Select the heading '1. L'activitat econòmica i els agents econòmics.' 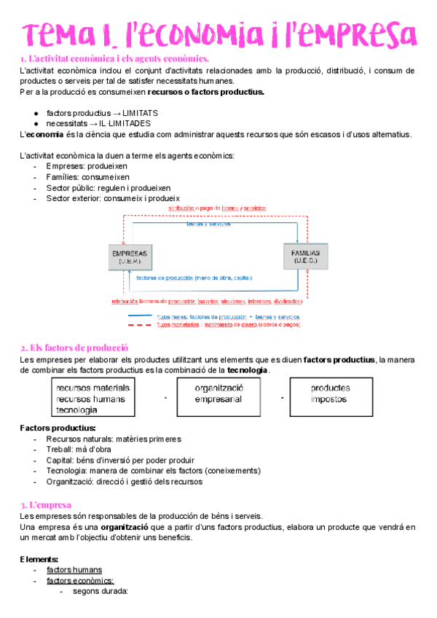[x=114, y=58]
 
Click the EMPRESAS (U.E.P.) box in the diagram [x=130, y=257]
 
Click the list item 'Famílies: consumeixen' [x=88, y=177]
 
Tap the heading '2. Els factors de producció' [x=74, y=348]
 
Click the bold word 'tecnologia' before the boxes [x=248, y=370]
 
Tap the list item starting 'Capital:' [x=120, y=460]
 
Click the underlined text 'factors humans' [x=74, y=570]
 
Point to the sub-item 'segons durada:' [x=100, y=591]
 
